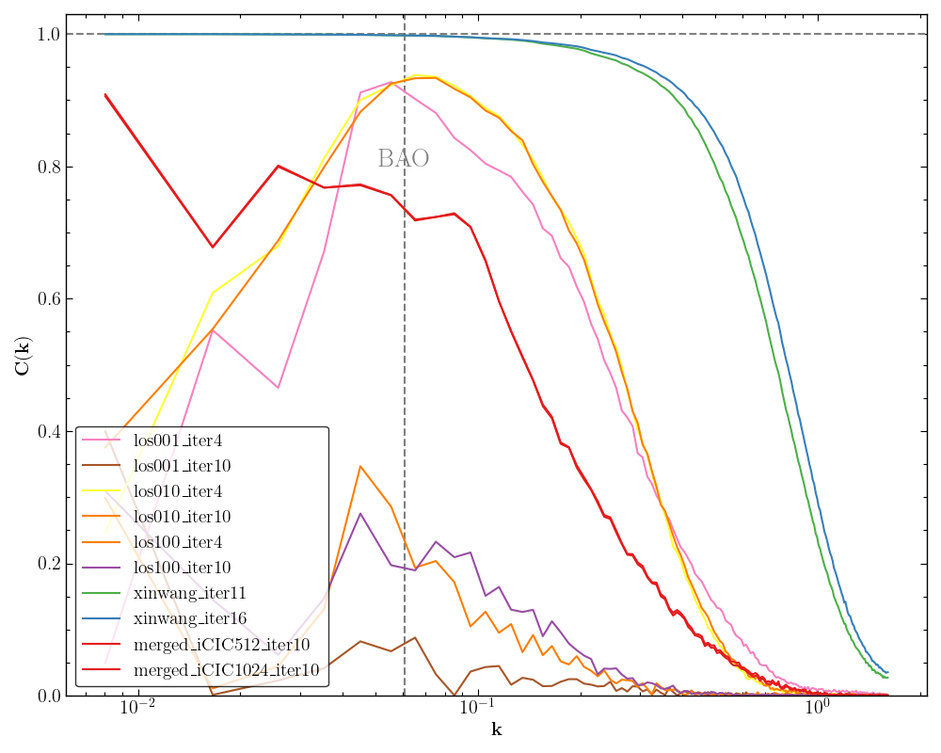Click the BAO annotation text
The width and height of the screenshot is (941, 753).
click(x=403, y=159)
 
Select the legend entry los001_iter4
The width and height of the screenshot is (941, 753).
click(x=177, y=441)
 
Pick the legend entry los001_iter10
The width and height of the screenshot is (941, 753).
click(x=182, y=466)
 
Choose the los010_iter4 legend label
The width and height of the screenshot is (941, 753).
click(x=177, y=491)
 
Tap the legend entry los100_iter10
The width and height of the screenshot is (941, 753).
click(x=182, y=568)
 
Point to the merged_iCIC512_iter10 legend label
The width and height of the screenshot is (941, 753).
click(x=221, y=645)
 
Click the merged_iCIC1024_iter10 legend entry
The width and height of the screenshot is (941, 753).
click(x=226, y=670)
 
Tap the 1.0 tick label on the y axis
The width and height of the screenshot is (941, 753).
click(x=47, y=35)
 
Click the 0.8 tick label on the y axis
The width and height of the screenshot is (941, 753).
click(x=47, y=168)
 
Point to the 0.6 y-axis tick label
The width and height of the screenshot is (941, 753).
click(x=47, y=299)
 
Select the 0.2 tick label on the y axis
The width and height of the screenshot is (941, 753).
click(x=47, y=564)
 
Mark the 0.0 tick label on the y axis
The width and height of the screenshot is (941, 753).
click(x=47, y=697)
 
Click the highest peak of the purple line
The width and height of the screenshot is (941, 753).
click(x=360, y=513)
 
